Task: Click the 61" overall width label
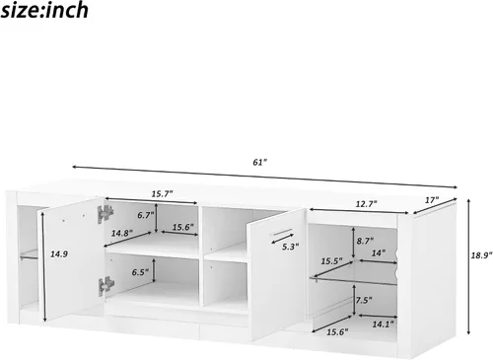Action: [x=260, y=162]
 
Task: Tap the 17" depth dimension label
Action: [x=432, y=200]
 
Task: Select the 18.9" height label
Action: [x=482, y=255]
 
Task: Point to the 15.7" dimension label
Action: [x=162, y=194]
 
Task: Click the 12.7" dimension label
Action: [x=366, y=204]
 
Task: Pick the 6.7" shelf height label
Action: [x=146, y=215]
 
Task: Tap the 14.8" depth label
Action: [x=122, y=233]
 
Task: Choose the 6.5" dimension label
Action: [x=140, y=272]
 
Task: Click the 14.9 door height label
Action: [x=59, y=253]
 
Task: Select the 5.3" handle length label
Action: [x=290, y=247]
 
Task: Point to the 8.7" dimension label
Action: [x=365, y=241]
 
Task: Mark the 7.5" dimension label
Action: [x=364, y=300]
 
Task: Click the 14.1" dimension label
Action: [x=383, y=324]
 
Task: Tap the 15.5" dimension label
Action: [x=332, y=261]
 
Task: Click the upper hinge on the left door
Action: [x=106, y=214]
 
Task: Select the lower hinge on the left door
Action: [x=106, y=286]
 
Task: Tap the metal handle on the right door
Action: [x=280, y=232]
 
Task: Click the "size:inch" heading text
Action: [x=44, y=10]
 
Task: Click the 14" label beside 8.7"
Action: [x=379, y=252]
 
